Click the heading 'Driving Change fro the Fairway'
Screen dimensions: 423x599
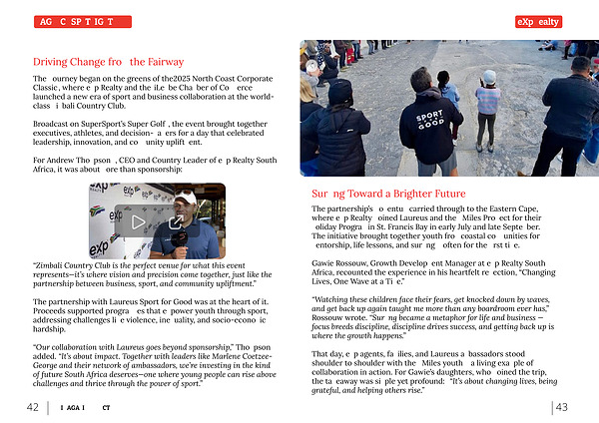pyautogui.click(x=108, y=61)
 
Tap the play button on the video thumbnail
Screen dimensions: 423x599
pyautogui.click(x=139, y=221)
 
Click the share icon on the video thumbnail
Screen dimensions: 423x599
pyautogui.click(x=176, y=221)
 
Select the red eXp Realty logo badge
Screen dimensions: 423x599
pyautogui.click(x=566, y=21)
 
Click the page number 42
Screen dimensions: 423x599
pyautogui.click(x=33, y=407)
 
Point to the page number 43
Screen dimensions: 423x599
pyautogui.click(x=562, y=407)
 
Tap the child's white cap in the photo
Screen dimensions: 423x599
pyautogui.click(x=488, y=77)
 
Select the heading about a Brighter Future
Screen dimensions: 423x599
pyautogui.click(x=387, y=193)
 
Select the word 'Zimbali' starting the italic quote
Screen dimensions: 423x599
pyautogui.click(x=53, y=264)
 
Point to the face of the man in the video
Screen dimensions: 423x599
pyautogui.click(x=187, y=206)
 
